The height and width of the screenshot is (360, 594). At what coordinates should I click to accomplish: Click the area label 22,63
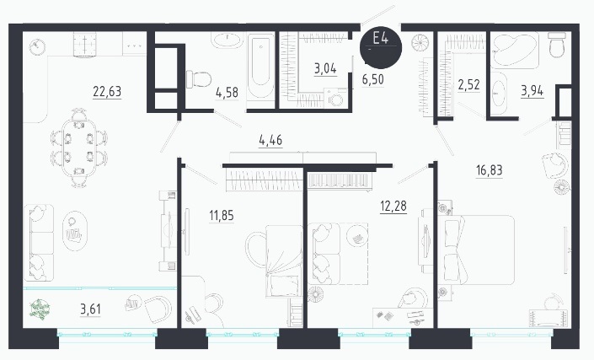pyautogui.click(x=107, y=91)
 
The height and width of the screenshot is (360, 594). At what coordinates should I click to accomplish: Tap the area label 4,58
pyautogui.click(x=227, y=92)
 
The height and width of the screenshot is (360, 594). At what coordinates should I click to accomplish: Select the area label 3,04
pyautogui.click(x=325, y=68)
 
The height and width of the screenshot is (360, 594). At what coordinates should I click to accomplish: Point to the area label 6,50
pyautogui.click(x=372, y=79)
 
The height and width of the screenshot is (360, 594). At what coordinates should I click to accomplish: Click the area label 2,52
pyautogui.click(x=469, y=85)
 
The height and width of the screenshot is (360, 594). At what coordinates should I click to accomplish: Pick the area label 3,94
pyautogui.click(x=532, y=91)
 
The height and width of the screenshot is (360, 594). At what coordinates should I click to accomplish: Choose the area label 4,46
pyautogui.click(x=270, y=140)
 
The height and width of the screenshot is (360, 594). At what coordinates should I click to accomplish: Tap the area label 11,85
pyautogui.click(x=222, y=216)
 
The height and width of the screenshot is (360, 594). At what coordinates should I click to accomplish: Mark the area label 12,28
pyautogui.click(x=393, y=207)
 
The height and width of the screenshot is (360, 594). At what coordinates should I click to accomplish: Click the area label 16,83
pyautogui.click(x=489, y=170)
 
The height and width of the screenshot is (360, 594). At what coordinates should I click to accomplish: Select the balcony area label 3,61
pyautogui.click(x=90, y=309)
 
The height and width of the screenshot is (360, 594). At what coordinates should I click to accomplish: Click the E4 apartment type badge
pyautogui.click(x=381, y=46)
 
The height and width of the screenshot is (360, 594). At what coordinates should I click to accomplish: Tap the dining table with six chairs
pyautogui.click(x=79, y=148)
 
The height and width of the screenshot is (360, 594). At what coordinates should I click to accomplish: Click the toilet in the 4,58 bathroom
pyautogui.click(x=199, y=79)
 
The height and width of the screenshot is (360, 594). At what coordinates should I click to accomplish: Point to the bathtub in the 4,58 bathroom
pyautogui.click(x=260, y=67)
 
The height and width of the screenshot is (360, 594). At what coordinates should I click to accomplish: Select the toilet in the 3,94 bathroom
pyautogui.click(x=557, y=45)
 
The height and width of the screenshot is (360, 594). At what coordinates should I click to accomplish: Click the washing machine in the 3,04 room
pyautogui.click(x=335, y=99)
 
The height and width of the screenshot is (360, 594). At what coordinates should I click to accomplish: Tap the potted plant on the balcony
pyautogui.click(x=40, y=309)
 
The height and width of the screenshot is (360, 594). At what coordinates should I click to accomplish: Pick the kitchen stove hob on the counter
pyautogui.click(x=85, y=44)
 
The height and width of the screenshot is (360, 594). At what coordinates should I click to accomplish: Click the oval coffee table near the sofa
pyautogui.click(x=75, y=231)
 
